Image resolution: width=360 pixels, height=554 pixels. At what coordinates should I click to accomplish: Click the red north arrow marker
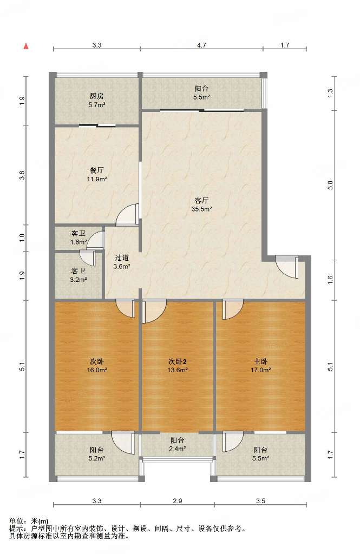[x=26, y=47]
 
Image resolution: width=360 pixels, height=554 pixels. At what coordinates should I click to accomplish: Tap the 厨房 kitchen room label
[x=96, y=96]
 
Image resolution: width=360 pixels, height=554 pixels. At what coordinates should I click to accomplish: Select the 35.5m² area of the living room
[x=201, y=209]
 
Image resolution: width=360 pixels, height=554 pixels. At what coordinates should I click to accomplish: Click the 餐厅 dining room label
[x=96, y=170]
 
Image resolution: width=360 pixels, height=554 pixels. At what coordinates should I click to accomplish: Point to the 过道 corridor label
[x=122, y=258]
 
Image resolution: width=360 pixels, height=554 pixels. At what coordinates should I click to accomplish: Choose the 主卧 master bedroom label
[x=260, y=361]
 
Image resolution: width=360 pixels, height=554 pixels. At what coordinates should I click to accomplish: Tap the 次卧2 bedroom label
[x=177, y=361]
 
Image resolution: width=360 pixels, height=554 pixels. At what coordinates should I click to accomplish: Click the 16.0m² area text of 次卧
[x=97, y=370]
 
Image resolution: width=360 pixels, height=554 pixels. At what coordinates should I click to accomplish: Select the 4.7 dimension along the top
[x=201, y=45]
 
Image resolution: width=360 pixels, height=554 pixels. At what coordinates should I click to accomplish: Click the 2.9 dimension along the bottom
[x=178, y=501]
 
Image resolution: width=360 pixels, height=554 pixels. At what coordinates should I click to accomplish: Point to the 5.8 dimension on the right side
[x=330, y=185]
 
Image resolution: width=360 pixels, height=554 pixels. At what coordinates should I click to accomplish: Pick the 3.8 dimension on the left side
[x=22, y=175]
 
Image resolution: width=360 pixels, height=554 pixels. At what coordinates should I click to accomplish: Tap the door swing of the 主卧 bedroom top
[x=233, y=309]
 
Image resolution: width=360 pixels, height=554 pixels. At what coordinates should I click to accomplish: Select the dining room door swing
[x=127, y=214]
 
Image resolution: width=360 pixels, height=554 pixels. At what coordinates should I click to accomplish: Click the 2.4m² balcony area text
[x=177, y=449]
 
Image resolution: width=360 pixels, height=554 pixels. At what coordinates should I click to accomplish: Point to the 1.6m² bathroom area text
[x=78, y=242]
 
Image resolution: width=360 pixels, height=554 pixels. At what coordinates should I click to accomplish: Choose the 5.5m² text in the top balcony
[x=201, y=97]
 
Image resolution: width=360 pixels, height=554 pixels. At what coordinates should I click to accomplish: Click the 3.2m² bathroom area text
[x=78, y=280]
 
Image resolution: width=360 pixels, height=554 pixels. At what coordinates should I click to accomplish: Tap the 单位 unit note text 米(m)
[x=40, y=521]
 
